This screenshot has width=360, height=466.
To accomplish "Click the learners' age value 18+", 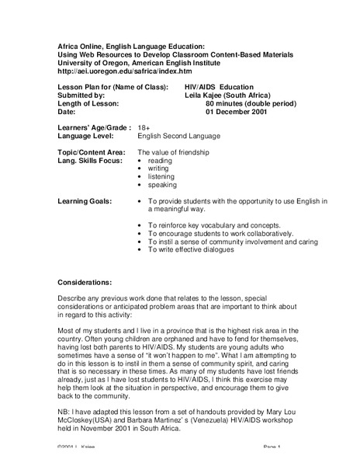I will tap(144, 127).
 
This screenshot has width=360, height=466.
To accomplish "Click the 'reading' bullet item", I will tap(161, 160).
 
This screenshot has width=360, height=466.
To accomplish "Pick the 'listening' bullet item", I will tap(161, 177).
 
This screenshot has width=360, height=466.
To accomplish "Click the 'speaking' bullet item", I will tap(162, 186).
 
